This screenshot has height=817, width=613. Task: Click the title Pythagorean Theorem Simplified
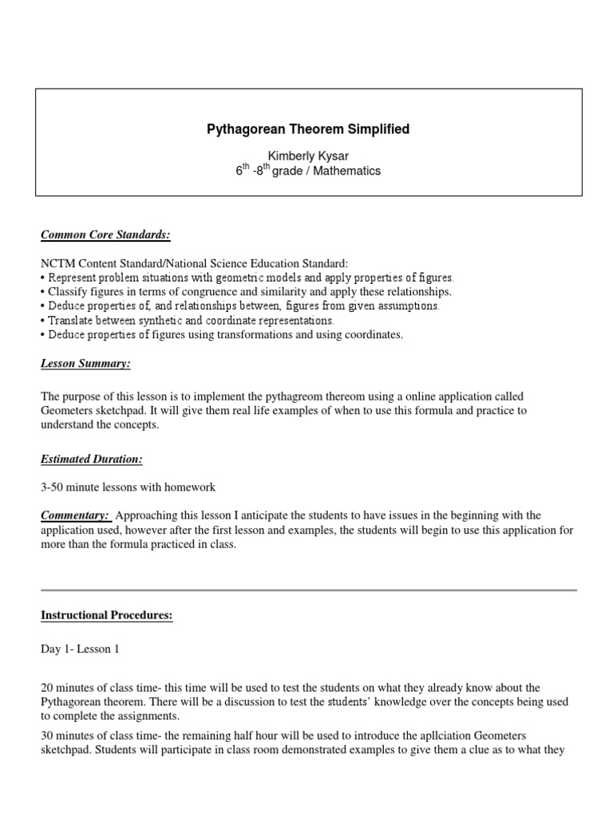pos(307,129)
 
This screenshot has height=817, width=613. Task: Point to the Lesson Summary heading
pos(85,364)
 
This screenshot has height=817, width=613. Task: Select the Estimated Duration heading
pos(92,460)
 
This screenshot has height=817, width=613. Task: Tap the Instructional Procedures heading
pos(106,616)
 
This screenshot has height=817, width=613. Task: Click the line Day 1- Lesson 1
pos(80,649)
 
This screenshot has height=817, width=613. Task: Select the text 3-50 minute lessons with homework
pos(129,487)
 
